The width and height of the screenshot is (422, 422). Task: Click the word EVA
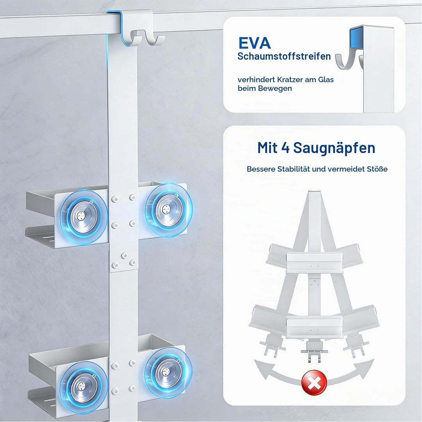tap(254, 43)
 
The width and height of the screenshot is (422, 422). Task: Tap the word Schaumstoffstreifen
tap(284, 56)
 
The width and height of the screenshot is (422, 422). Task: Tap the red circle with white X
tap(314, 383)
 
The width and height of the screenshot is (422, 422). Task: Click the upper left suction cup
tap(84, 216)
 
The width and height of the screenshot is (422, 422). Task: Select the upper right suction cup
tap(168, 210)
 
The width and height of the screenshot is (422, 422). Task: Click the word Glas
tap(326, 80)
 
